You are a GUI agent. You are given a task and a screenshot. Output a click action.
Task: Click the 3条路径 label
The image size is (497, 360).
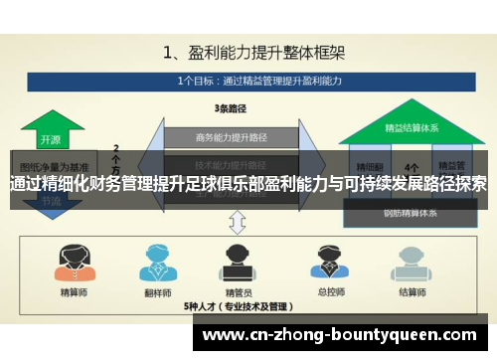(232, 108)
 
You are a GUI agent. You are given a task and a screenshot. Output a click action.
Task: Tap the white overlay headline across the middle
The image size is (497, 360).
(248, 184)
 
